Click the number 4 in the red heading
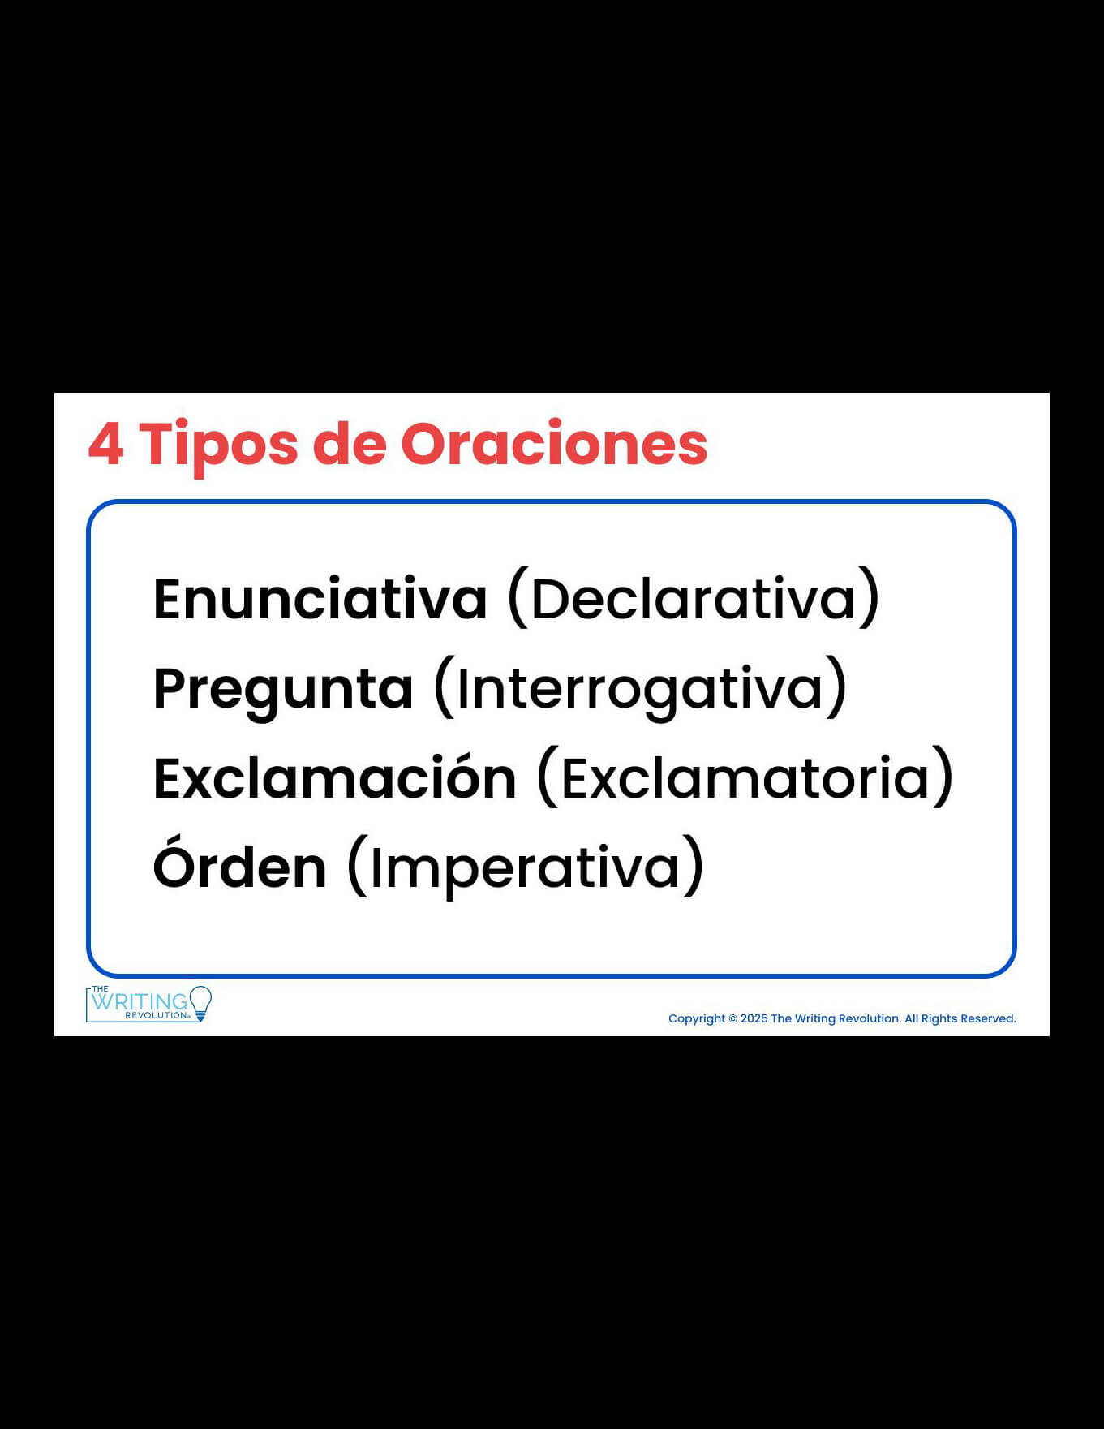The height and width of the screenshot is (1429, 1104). coord(105,444)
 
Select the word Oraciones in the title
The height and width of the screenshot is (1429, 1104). coord(554,444)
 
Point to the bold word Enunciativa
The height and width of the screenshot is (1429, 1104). coord(320,598)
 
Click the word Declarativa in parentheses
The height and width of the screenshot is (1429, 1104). coord(694,598)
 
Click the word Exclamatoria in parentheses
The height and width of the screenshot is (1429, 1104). coord(745,777)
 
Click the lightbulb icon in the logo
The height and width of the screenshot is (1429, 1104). coord(200,1004)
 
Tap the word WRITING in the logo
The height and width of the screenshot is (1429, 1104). coord(139,1001)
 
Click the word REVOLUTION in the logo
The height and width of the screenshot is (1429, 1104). coord(157,1015)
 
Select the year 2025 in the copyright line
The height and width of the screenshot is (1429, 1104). coord(754,1018)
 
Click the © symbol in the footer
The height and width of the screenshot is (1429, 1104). coord(732,1018)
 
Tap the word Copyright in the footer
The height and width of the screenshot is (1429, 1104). coord(697,1019)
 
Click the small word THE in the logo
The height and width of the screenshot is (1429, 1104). coord(100,989)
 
